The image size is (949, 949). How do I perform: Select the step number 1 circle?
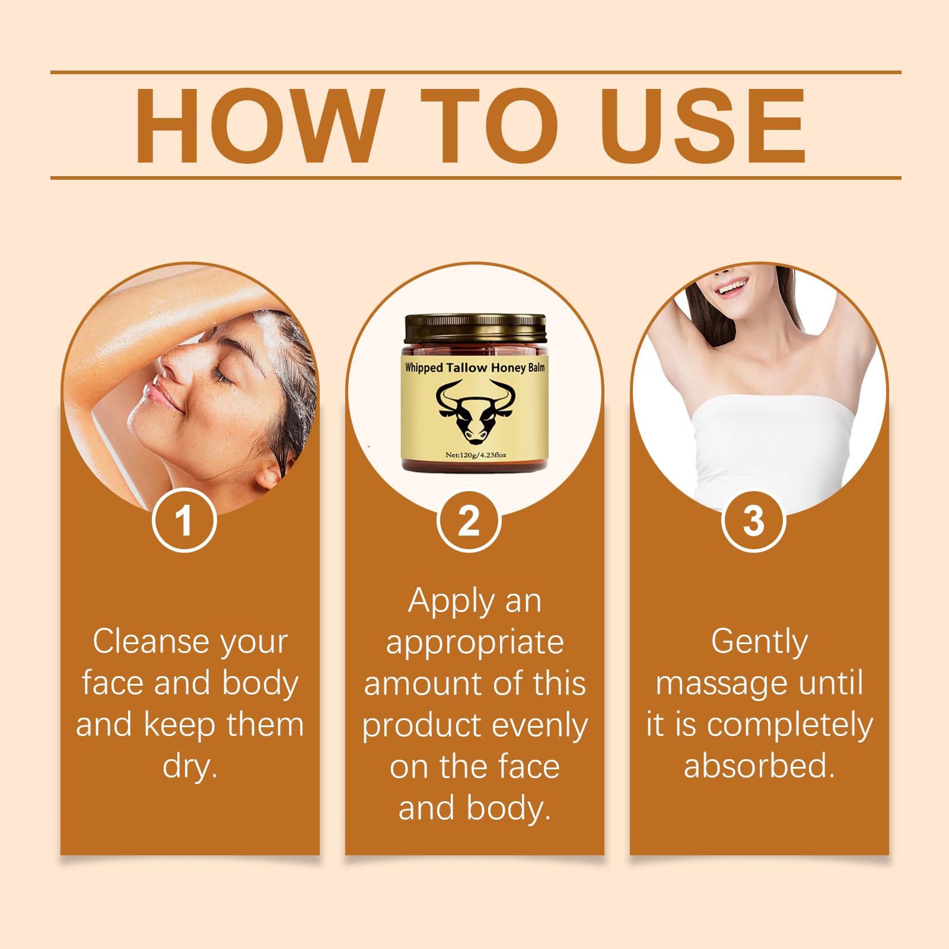[184, 521]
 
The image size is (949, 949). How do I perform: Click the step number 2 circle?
[469, 521]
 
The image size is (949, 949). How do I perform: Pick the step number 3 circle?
[753, 521]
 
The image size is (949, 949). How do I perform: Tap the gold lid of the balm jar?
[474, 329]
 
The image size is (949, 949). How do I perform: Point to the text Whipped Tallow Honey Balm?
[474, 368]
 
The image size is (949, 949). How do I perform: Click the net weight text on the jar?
[476, 455]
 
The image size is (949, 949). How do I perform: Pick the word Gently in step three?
[759, 642]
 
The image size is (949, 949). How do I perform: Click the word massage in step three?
[722, 683]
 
